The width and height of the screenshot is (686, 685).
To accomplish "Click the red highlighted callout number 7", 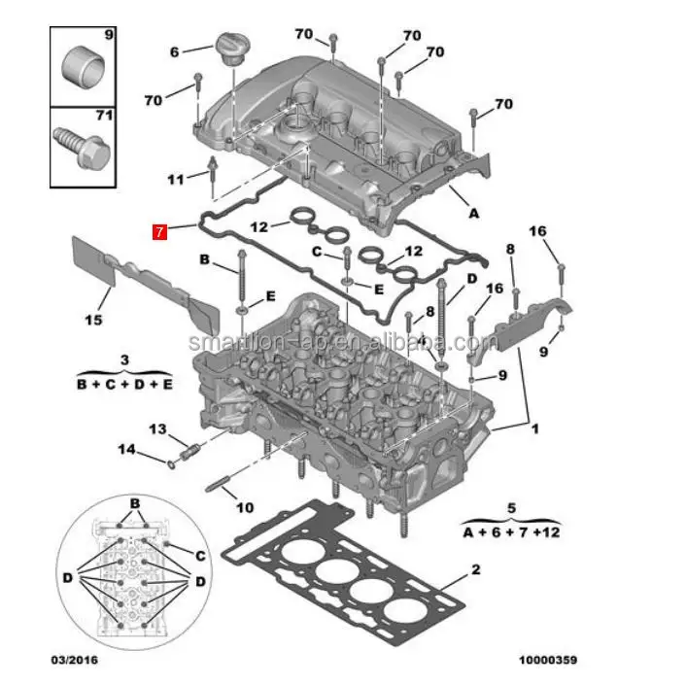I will click(x=159, y=231).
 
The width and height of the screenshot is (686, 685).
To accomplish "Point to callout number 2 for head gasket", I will click(x=475, y=569).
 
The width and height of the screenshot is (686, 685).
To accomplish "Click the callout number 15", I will click(x=93, y=320).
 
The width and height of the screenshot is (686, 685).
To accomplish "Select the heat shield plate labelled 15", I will click(x=146, y=282).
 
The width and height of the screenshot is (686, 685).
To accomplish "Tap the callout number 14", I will click(x=127, y=448).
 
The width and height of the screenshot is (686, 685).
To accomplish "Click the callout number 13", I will click(x=158, y=428).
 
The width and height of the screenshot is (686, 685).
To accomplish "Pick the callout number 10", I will click(x=245, y=507).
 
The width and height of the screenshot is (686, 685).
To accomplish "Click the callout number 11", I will click(x=175, y=180).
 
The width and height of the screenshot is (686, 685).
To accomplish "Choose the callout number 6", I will click(x=175, y=51).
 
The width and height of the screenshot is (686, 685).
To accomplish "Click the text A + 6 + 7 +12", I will click(x=511, y=531).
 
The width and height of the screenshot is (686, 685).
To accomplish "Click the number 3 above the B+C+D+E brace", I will click(x=124, y=360).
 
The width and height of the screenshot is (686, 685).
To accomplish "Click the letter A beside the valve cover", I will click(x=474, y=212).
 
